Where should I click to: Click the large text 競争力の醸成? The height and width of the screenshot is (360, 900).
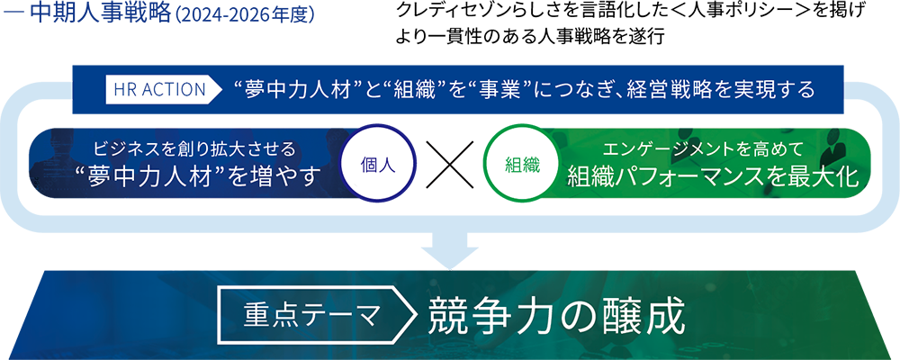tap(558, 317)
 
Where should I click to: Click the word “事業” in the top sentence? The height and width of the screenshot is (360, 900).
tap(509, 90)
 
